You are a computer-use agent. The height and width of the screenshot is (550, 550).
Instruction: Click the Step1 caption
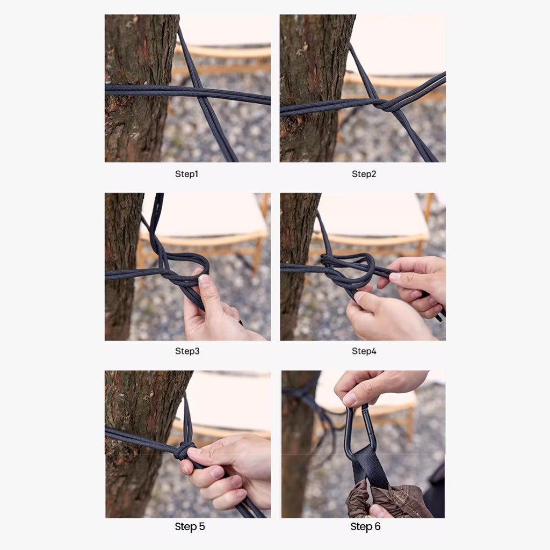tap(186, 174)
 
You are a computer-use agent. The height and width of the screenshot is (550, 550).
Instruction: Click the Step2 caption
tap(364, 174)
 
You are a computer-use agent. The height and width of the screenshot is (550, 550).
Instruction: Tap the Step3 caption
tap(187, 351)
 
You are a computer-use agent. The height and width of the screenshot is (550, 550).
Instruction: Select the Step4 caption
tap(364, 351)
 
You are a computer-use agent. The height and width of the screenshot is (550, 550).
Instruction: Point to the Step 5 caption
tap(190, 526)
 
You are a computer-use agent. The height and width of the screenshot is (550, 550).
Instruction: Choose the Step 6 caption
tap(365, 526)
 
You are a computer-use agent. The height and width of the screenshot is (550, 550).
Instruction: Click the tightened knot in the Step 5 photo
tap(184, 450)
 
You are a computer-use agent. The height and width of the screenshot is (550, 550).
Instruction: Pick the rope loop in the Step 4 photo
tap(354, 269)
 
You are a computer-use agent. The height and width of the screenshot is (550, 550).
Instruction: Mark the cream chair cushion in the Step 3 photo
tap(204, 215)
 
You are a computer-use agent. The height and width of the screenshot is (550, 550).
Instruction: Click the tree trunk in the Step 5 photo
tap(134, 483)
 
